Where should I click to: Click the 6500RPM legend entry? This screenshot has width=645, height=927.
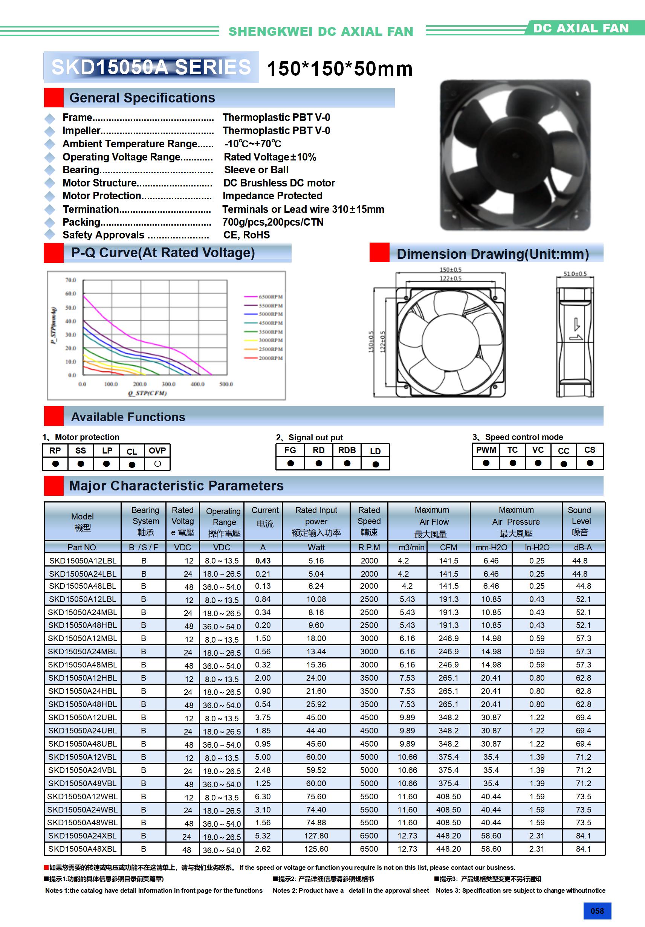click(270, 297)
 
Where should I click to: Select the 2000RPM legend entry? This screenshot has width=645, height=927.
click(270, 358)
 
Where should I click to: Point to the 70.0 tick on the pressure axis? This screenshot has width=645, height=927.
click(71, 280)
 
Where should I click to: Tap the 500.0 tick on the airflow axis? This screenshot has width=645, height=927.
click(226, 384)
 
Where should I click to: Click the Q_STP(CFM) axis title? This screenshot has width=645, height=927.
click(147, 393)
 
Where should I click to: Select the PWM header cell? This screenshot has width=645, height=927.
click(486, 450)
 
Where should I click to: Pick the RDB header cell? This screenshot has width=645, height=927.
click(347, 450)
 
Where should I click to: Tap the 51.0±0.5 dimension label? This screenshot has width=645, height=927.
click(575, 274)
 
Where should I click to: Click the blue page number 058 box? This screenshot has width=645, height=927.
click(597, 911)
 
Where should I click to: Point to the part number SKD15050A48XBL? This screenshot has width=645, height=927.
click(83, 849)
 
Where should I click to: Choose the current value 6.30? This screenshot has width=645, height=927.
click(263, 797)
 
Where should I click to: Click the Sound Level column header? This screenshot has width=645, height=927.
click(579, 521)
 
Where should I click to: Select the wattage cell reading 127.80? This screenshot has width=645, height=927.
click(316, 835)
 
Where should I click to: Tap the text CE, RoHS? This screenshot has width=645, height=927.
click(246, 235)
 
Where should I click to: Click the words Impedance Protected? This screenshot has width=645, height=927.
click(272, 196)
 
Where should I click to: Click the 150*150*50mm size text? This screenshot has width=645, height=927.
click(339, 69)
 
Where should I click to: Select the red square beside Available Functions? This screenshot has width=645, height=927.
click(54, 416)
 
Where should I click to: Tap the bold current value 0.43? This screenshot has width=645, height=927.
click(263, 560)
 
